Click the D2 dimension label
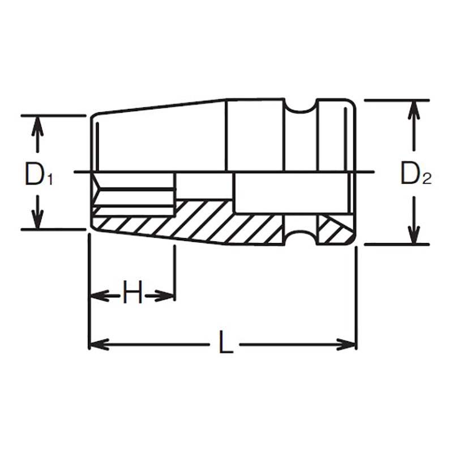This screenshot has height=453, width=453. pos(415,175)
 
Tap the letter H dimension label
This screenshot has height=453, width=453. pos(132,294)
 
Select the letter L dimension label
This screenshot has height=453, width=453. pos(225,344)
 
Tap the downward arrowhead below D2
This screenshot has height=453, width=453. pos(414,235)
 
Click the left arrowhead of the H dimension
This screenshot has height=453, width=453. pos(97,294)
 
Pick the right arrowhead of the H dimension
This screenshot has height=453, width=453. pos(166,294)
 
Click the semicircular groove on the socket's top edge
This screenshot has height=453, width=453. pos(301,107)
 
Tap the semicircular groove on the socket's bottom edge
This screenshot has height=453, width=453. pos(301,237)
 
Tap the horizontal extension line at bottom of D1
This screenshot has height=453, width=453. pos(54,229)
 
